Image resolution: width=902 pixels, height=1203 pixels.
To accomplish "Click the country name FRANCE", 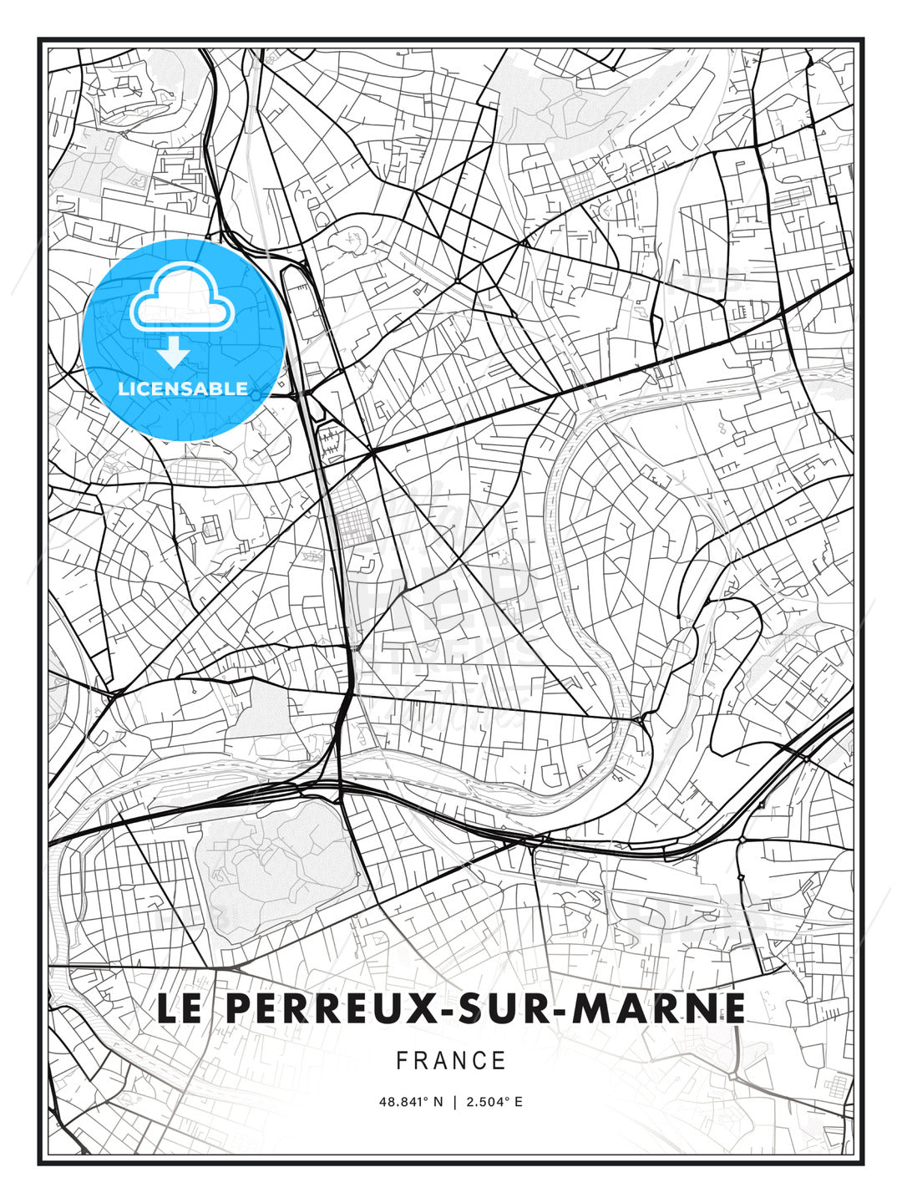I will [x=451, y=1061].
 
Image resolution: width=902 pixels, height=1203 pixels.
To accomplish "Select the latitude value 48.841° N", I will [x=410, y=1102].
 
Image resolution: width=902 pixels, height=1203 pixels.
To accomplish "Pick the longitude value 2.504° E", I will [x=494, y=1102].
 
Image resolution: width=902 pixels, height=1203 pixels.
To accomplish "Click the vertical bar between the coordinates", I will [x=454, y=1102].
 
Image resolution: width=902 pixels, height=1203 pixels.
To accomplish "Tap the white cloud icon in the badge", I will [x=180, y=297].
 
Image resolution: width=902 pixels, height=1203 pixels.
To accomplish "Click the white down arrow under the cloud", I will [x=173, y=352].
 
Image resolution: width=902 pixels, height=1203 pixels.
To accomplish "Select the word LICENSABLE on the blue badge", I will [x=183, y=388].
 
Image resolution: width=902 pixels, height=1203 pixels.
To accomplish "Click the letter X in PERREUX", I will [x=408, y=1008].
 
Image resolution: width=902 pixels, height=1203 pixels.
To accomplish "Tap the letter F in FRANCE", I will [x=402, y=1061].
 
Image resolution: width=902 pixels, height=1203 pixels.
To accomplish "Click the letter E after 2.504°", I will [x=519, y=1102].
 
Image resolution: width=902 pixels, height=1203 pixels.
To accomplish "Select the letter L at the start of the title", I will [x=167, y=1008].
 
